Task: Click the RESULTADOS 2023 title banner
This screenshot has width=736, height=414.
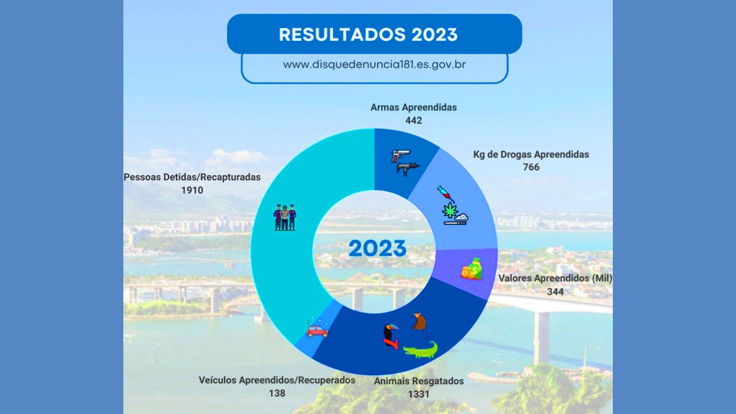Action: (x=374, y=34)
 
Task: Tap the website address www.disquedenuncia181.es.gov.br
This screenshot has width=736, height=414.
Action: (x=374, y=64)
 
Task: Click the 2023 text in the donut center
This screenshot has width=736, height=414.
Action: (x=377, y=248)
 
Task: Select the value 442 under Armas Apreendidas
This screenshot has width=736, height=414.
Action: (x=413, y=121)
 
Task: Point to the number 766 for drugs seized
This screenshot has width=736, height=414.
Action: (x=531, y=167)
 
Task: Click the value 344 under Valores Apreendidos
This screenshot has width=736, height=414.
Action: (x=555, y=291)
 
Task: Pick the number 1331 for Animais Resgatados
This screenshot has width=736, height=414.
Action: (x=419, y=394)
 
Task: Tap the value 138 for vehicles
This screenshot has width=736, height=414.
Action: (x=277, y=394)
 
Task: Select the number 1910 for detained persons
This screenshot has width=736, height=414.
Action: (x=192, y=190)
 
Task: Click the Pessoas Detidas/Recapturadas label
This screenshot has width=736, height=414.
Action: (x=192, y=177)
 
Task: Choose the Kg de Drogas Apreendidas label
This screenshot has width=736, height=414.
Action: (x=531, y=154)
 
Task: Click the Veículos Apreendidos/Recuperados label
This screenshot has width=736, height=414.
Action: (x=277, y=380)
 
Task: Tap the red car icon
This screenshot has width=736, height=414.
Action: (x=317, y=331)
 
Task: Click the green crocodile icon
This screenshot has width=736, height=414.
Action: (x=421, y=350)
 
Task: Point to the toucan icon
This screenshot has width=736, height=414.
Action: (x=390, y=336)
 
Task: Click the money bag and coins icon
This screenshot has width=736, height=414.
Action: (x=472, y=269)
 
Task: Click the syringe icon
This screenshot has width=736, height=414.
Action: (x=446, y=194)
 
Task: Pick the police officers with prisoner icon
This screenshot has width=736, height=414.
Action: (x=285, y=217)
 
